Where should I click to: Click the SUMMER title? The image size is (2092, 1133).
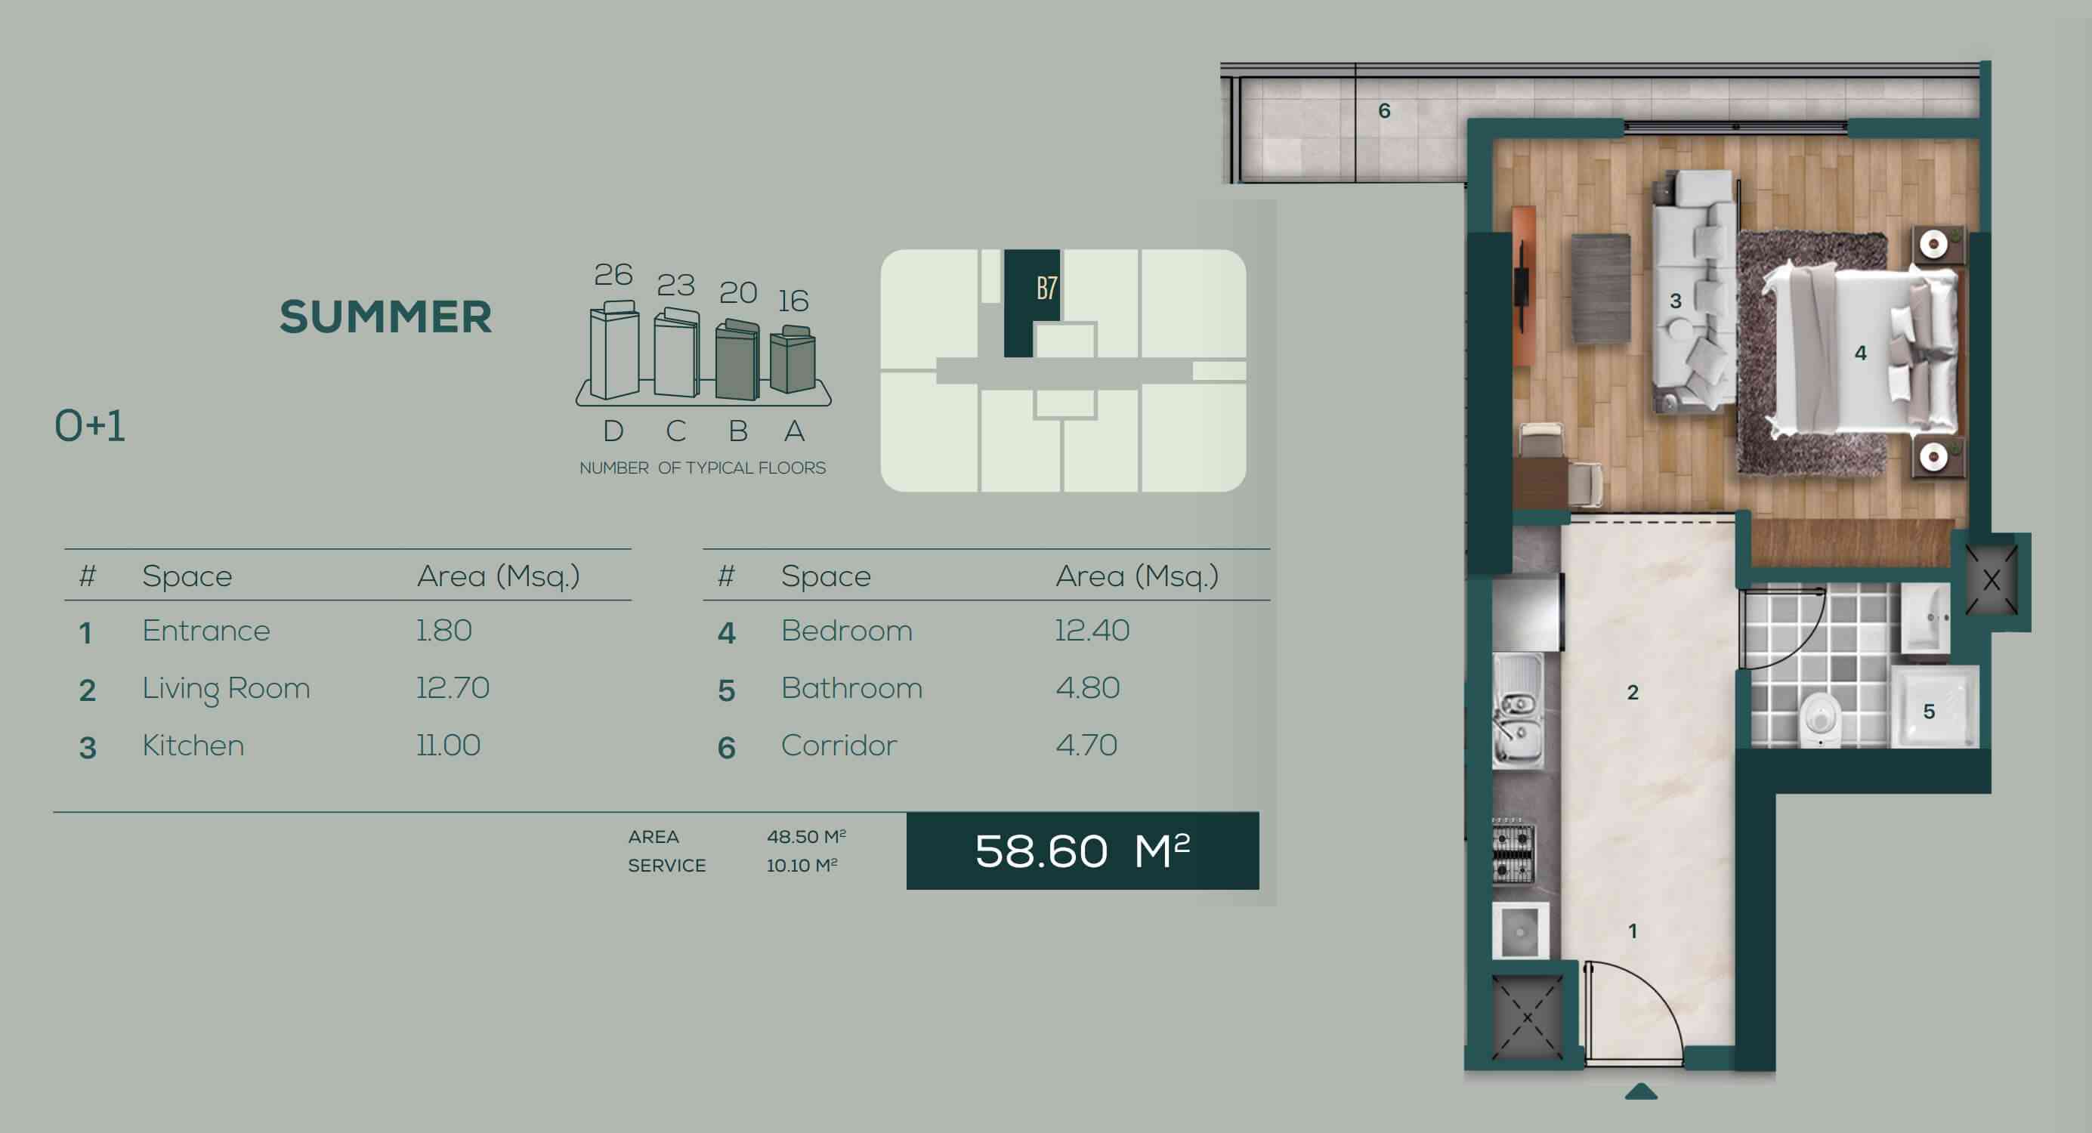point(386,316)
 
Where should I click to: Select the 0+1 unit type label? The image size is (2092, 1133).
point(90,425)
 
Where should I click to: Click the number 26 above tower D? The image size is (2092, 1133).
point(613,274)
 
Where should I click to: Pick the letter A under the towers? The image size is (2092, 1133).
point(794,431)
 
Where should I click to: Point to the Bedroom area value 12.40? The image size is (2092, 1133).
point(1092,630)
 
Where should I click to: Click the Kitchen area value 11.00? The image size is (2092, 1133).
point(448,745)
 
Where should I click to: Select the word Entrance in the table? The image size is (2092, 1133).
point(206,630)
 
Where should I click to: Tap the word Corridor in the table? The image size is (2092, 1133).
point(839,745)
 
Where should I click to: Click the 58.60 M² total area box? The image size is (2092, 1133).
point(1083,851)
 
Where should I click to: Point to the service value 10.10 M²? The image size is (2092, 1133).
point(802,865)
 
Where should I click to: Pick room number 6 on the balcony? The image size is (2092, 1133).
point(1385,110)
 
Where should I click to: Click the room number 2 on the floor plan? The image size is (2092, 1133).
point(1633,692)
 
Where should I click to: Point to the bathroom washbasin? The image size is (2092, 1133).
point(1925,618)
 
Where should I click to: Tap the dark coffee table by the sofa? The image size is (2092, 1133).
point(1601,289)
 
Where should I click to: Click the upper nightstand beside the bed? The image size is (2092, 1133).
point(1940,245)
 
